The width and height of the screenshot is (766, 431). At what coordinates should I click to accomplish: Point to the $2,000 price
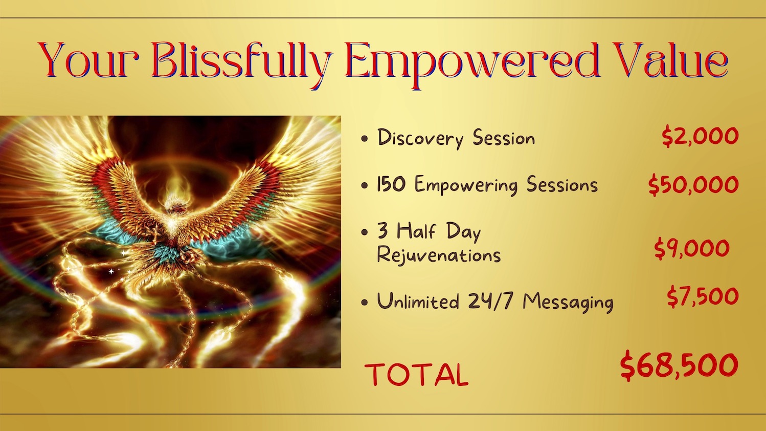[700, 136]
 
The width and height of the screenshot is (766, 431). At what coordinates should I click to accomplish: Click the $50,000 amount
[693, 185]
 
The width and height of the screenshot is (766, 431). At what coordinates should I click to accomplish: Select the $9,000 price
[692, 248]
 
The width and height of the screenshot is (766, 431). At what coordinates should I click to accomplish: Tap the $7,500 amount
[703, 296]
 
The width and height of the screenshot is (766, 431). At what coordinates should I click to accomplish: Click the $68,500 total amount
[679, 365]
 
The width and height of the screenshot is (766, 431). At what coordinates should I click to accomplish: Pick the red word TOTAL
[417, 375]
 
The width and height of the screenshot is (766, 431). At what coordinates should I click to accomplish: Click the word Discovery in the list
[420, 138]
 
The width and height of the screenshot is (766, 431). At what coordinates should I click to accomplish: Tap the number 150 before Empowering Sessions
[391, 184]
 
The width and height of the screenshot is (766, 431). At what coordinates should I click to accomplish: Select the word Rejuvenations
[439, 255]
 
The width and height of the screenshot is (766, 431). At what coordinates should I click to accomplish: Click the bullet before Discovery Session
[365, 139]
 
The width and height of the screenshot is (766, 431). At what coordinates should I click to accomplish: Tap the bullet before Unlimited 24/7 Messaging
[365, 303]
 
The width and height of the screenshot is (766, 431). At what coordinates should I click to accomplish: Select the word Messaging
[568, 303]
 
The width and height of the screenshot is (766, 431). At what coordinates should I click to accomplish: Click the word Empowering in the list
[466, 185]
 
